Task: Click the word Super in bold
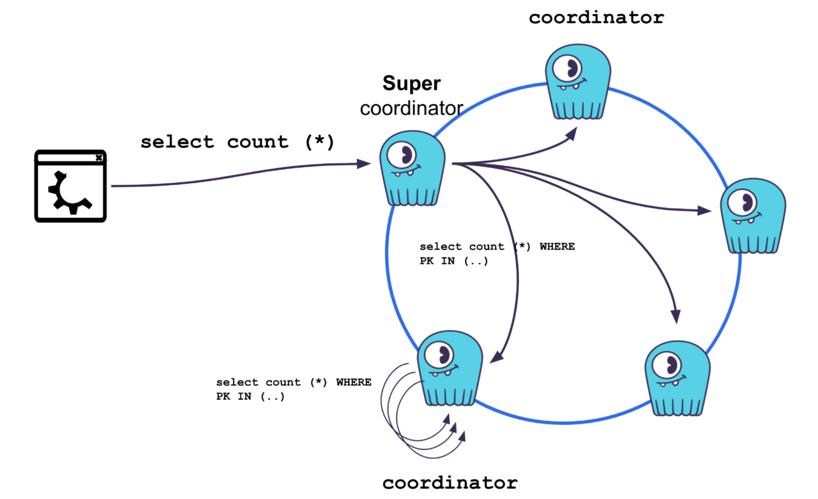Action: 411,84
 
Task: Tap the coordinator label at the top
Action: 596,18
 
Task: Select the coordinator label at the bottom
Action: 449,483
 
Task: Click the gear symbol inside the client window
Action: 69,192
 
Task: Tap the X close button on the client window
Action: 99,157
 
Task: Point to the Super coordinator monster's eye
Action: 402,155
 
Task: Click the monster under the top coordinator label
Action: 578,82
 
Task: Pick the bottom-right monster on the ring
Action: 677,378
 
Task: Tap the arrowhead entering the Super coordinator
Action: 365,164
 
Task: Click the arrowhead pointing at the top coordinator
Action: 572,134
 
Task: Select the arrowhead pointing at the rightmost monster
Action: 705,211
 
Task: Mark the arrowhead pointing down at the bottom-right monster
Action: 676,316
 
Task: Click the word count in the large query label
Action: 258,142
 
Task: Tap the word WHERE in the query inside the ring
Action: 557,246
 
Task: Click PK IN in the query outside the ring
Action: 233,396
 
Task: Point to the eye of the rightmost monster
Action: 743,202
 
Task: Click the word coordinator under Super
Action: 411,109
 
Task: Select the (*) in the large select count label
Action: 320,142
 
